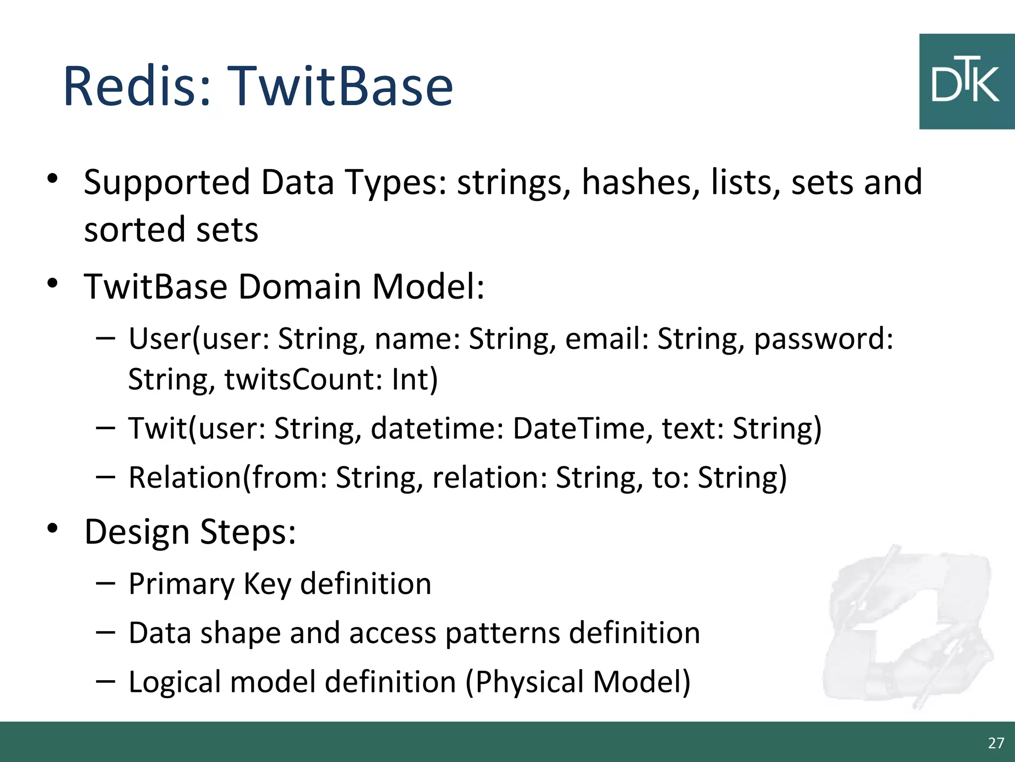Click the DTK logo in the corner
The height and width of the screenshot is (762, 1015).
[966, 82]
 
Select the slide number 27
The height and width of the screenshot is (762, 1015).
[996, 743]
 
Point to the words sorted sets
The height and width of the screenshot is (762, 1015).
[171, 230]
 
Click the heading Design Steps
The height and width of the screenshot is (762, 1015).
[190, 532]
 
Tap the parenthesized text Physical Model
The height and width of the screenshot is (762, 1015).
[577, 682]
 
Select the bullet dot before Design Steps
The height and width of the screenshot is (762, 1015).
[53, 528]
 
